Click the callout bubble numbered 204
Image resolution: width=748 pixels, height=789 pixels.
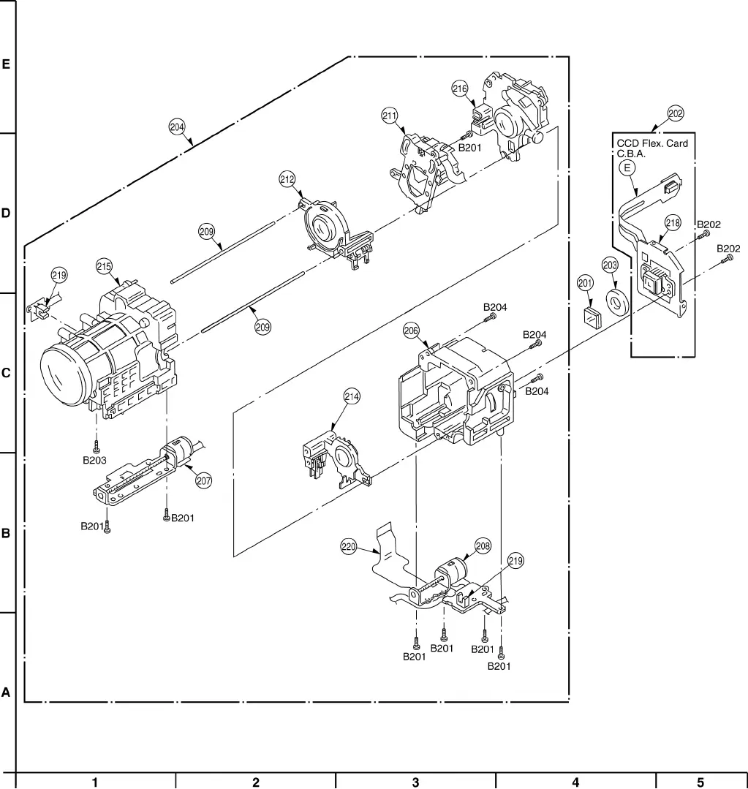(x=176, y=127)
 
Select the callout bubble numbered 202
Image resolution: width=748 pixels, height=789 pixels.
(x=675, y=113)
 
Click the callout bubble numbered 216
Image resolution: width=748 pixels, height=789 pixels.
(x=459, y=89)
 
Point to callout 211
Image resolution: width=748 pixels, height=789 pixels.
(x=390, y=116)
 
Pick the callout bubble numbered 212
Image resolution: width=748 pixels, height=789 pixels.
(x=287, y=178)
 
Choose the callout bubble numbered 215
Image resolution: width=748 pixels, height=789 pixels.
(x=104, y=266)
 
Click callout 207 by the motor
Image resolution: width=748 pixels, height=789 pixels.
(x=203, y=480)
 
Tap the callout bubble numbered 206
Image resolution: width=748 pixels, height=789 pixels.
(x=411, y=331)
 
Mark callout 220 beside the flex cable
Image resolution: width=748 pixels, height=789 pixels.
(x=348, y=545)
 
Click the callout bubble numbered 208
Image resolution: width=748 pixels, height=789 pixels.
(x=483, y=545)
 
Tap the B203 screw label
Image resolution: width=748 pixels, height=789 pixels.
(x=94, y=461)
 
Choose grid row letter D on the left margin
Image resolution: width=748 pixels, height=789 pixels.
(x=6, y=214)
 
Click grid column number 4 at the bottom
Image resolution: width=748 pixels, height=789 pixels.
(x=575, y=782)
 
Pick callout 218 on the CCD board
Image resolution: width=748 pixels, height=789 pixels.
(x=673, y=222)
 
